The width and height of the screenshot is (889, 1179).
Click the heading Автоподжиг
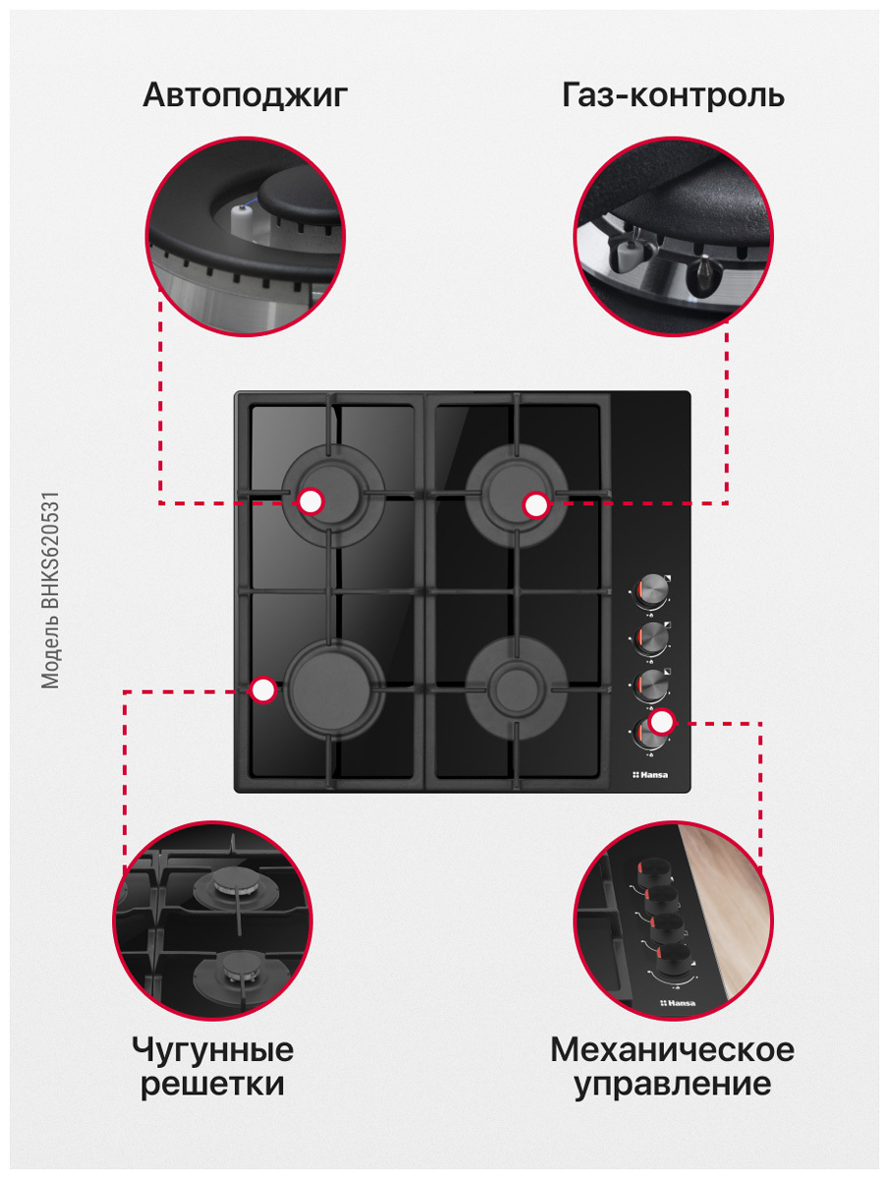coord(245,96)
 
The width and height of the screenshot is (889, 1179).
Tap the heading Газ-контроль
coord(673,95)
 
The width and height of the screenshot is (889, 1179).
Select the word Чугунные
coord(212,1050)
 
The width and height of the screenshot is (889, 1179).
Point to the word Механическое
coord(672,1049)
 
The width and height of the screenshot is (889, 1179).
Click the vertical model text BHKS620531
coord(50,590)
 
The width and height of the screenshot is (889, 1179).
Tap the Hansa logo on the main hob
coord(649,774)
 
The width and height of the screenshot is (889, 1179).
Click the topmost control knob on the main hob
coord(651,590)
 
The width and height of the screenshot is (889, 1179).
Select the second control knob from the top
coord(651,638)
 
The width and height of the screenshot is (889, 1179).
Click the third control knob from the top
coord(651,684)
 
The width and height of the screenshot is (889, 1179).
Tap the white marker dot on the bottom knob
coord(661,721)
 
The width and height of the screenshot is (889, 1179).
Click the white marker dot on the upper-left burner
coord(310,502)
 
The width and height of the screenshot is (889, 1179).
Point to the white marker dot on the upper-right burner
coord(535,505)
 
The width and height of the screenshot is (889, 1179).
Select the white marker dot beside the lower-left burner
coord(263,690)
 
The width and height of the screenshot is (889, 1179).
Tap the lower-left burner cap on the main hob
coord(333,688)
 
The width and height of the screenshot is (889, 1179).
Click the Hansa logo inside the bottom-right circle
coord(678,1002)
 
